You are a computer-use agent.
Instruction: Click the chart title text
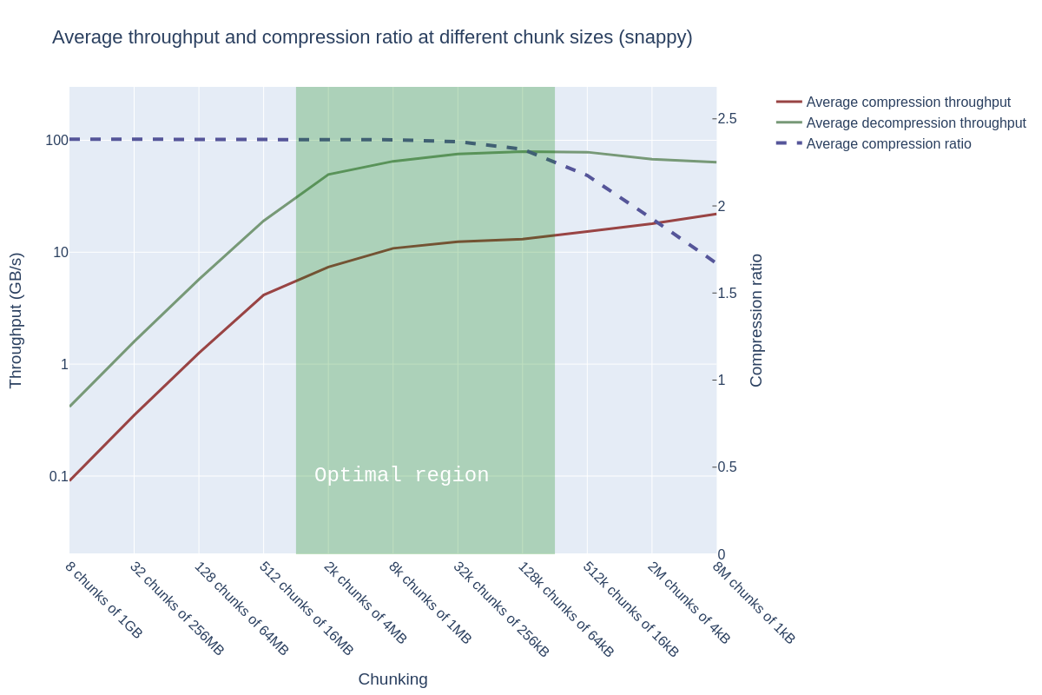click(x=372, y=37)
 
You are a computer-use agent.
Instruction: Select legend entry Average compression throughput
click(x=907, y=103)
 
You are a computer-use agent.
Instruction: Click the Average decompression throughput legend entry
click(x=915, y=123)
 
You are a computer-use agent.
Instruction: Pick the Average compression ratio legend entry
click(x=888, y=144)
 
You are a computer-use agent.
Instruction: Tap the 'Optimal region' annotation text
click(x=401, y=475)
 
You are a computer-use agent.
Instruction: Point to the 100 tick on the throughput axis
click(x=57, y=140)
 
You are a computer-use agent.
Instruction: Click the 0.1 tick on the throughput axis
click(x=58, y=477)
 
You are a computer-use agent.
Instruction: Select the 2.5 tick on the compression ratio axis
click(x=727, y=119)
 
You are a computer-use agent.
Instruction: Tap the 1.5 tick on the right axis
click(x=727, y=294)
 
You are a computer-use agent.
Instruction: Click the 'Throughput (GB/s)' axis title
click(x=16, y=321)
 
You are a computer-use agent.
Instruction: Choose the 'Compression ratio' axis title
click(x=756, y=321)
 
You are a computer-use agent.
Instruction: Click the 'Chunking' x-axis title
click(x=392, y=679)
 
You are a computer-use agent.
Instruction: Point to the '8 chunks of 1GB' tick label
click(x=103, y=599)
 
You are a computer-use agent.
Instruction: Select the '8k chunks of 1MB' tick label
click(x=430, y=602)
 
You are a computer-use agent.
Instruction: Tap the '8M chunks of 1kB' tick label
click(x=754, y=602)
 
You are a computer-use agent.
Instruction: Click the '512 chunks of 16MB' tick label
click(x=307, y=608)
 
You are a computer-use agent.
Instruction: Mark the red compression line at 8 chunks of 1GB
click(x=70, y=480)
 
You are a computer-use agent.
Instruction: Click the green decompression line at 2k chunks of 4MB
click(x=328, y=175)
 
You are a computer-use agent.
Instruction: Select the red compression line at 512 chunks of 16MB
click(x=264, y=295)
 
